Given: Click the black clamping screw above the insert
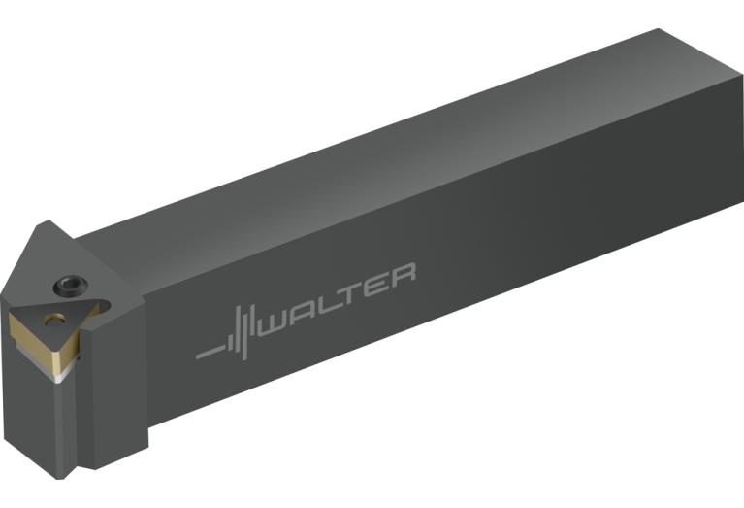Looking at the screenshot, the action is click(x=70, y=286).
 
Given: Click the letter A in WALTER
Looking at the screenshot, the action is click(x=304, y=313).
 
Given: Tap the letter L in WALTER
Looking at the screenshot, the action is click(x=329, y=304).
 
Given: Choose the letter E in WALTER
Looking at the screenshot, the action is click(x=376, y=286).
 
